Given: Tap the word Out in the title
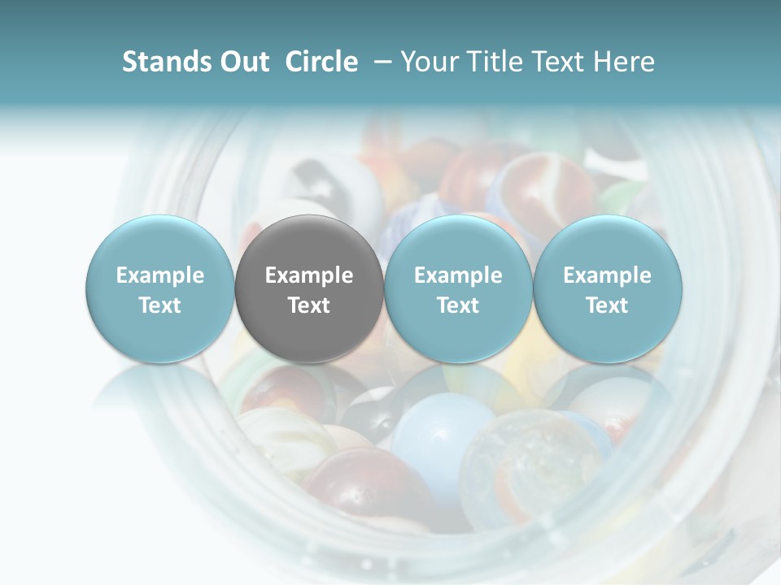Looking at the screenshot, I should click(242, 62).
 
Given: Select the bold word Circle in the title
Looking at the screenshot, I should click(321, 62).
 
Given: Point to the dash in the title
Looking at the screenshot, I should click(381, 63).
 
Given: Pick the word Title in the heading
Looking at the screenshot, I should click(498, 62).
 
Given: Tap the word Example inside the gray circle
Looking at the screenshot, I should click(309, 275).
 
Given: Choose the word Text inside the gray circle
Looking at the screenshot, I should click(309, 305).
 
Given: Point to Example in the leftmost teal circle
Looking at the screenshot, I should click(160, 275).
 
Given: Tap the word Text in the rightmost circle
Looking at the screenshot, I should click(608, 305).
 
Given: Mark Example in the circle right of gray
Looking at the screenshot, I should click(458, 275).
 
